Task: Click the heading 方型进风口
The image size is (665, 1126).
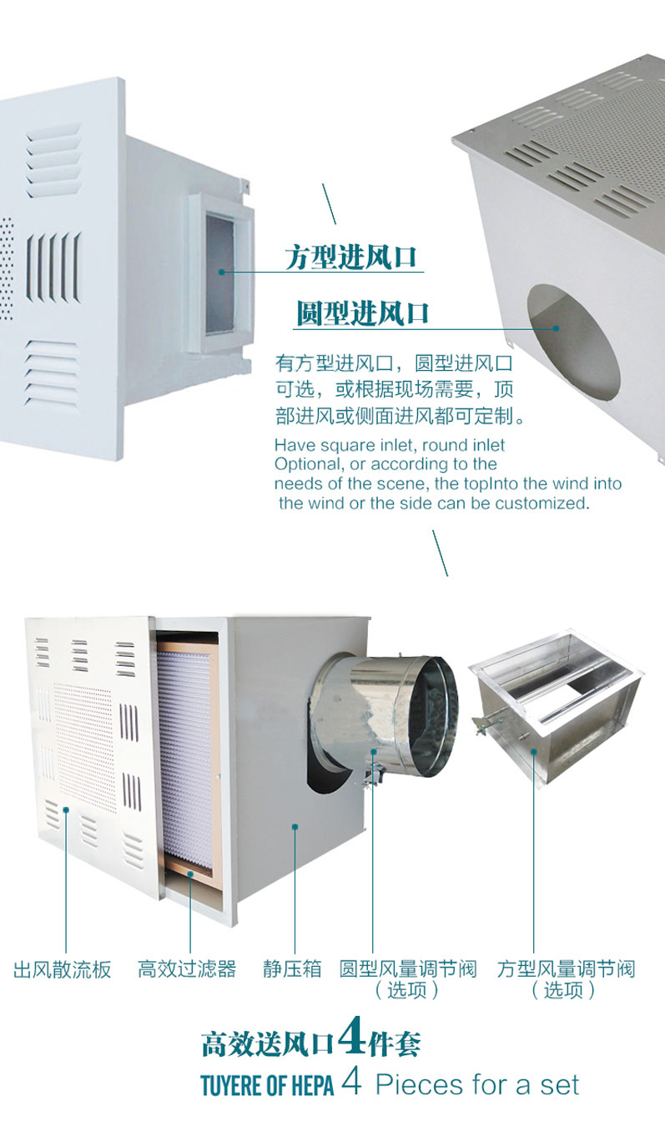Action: (351, 257)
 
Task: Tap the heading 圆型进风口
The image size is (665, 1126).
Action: (362, 313)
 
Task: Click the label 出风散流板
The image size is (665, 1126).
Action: (62, 969)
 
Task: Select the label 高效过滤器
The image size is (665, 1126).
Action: (187, 968)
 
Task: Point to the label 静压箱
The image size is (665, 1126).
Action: (292, 968)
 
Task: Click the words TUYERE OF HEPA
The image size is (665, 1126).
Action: (267, 1085)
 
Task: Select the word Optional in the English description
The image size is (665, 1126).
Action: (306, 464)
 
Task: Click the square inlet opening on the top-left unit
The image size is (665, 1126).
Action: (220, 274)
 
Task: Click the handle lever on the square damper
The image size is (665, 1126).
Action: (485, 724)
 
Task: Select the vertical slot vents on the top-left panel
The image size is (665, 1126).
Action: (53, 268)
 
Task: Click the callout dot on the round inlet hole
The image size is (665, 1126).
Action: (556, 328)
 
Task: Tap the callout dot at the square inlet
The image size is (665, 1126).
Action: (221, 272)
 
